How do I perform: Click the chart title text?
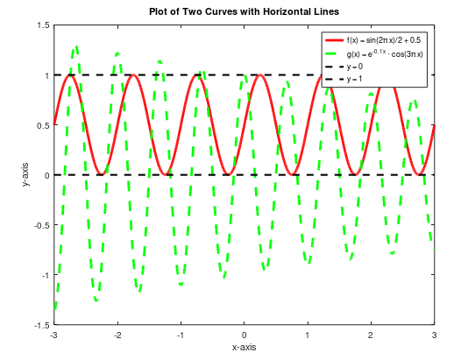click(244, 10)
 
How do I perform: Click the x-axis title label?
click(244, 348)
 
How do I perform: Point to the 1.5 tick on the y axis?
click(43, 25)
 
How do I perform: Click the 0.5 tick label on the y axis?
click(43, 125)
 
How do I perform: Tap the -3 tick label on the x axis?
click(53, 335)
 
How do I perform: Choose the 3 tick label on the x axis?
click(434, 335)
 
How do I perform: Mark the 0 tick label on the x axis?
click(244, 335)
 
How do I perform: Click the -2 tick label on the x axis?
click(117, 335)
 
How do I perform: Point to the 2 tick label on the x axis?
click(371, 335)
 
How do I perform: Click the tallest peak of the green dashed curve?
click(76, 46)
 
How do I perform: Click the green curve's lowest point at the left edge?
click(56, 307)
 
